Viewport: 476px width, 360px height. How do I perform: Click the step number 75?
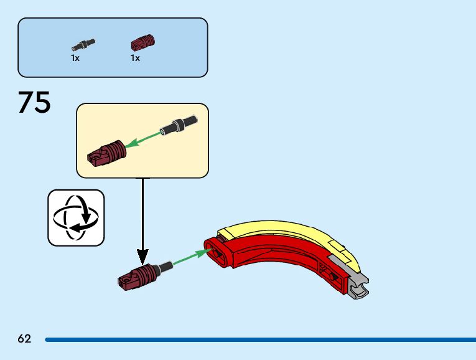pyautogui.click(x=34, y=103)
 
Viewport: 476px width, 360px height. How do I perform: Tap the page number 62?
pyautogui.click(x=24, y=339)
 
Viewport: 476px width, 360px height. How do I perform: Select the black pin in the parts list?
pyautogui.click(x=83, y=44)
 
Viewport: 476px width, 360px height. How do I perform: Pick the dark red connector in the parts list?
pyautogui.click(x=142, y=43)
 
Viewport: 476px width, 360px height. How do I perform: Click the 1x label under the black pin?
pyautogui.click(x=75, y=58)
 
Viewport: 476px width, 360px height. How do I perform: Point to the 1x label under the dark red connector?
pyautogui.click(x=135, y=58)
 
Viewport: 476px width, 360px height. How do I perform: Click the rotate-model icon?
pyautogui.click(x=76, y=217)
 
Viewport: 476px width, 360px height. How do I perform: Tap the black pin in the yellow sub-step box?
pyautogui.click(x=179, y=125)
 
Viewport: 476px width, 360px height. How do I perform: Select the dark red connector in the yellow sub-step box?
pyautogui.click(x=106, y=153)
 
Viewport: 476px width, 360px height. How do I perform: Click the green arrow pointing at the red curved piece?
pyautogui.click(x=189, y=257)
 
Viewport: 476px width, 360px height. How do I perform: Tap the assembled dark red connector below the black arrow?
pyautogui.click(x=136, y=275)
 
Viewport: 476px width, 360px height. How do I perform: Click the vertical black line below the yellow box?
pyautogui.click(x=142, y=212)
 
